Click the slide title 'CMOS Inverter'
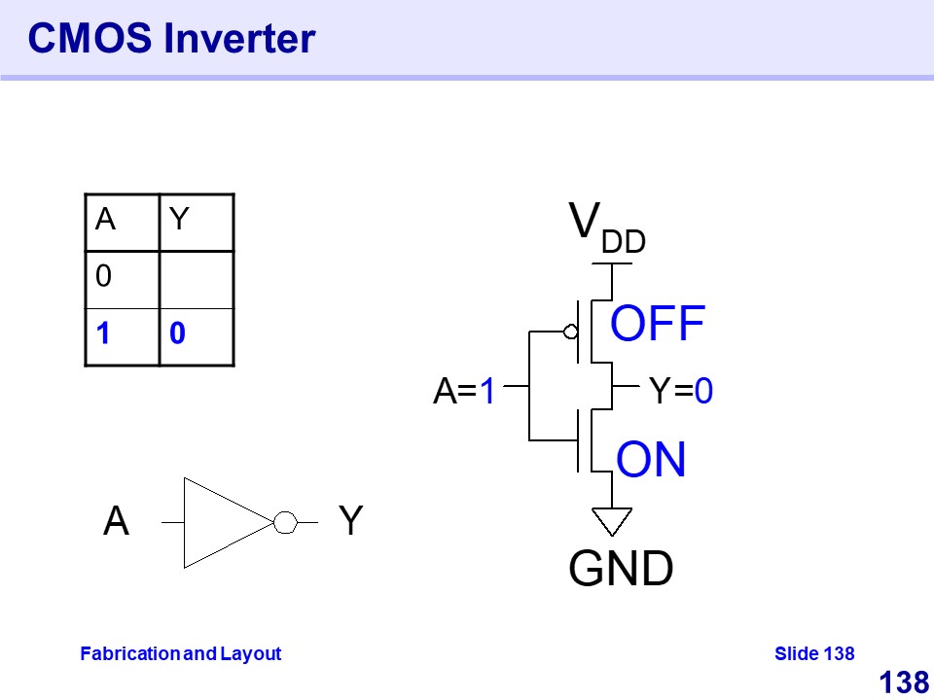[x=171, y=39]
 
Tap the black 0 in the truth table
[x=103, y=277]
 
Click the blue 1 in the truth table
[x=102, y=334]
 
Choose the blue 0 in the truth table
[x=177, y=334]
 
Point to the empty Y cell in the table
[x=196, y=279]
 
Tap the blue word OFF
[x=658, y=325]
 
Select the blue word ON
[x=652, y=460]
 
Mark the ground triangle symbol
[x=612, y=521]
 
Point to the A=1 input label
[x=465, y=392]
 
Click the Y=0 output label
[x=681, y=392]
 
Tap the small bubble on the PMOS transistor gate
[x=571, y=332]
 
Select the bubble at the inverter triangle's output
[x=284, y=523]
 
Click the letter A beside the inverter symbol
[x=116, y=522]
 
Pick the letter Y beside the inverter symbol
[x=350, y=522]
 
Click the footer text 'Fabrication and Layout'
[x=180, y=653]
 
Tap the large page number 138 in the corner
[x=903, y=682]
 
